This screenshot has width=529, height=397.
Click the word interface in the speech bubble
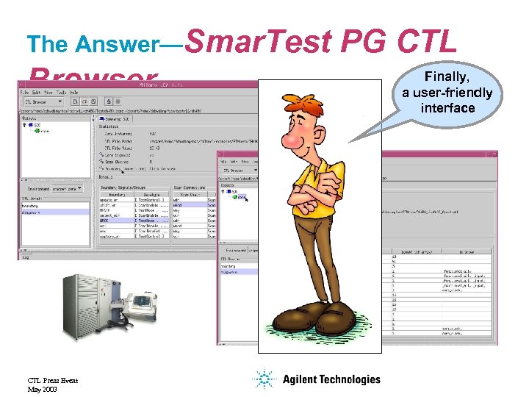tap(447, 108)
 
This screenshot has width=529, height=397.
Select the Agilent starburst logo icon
tap(263, 379)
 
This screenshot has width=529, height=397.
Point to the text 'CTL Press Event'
tap(52, 381)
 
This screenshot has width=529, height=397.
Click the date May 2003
tap(42, 389)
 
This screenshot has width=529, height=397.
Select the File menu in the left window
tap(25, 92)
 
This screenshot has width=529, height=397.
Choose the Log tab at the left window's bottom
tap(25, 257)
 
